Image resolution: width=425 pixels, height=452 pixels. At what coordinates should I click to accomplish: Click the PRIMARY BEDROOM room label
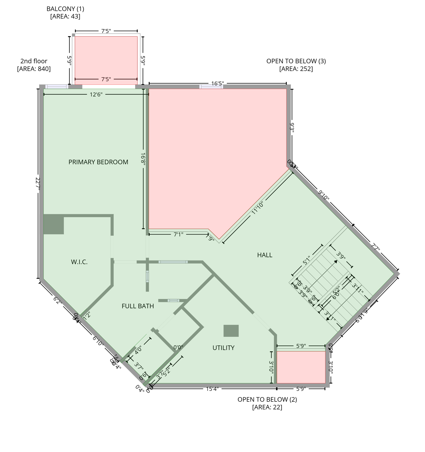point(98,162)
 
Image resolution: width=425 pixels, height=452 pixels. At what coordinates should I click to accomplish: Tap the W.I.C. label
point(79,262)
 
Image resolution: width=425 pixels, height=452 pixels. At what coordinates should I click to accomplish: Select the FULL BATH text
point(138,306)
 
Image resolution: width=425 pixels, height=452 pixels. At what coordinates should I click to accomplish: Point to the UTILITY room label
point(223,348)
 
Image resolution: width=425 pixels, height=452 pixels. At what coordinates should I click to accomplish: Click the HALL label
point(264,255)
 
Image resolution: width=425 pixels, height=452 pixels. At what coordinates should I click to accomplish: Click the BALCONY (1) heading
point(65,9)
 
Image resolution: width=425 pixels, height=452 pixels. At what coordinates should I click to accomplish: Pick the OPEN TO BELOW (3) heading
point(296,61)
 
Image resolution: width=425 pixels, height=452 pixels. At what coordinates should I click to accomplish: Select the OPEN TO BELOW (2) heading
point(267,399)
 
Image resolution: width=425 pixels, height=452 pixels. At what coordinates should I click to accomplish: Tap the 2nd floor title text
point(34,61)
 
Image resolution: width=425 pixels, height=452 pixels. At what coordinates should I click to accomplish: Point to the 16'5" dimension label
point(217,84)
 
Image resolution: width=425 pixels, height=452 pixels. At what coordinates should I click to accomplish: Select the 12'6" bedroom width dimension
point(96,94)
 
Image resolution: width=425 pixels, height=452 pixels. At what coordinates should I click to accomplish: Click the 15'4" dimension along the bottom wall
point(212,389)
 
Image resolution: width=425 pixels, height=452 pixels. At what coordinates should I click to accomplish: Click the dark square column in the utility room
point(231,331)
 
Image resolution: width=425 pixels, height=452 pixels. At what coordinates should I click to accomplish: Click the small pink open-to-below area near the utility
point(301,367)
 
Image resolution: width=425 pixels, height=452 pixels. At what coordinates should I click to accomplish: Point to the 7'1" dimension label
point(178,234)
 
